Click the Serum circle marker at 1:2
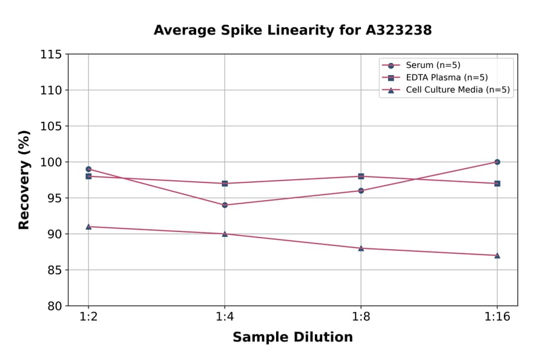(x=88, y=169)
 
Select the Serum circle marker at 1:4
(x=225, y=205)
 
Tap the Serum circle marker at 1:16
(x=497, y=162)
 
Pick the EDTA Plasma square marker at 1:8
(x=361, y=176)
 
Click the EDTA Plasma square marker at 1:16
(x=497, y=183)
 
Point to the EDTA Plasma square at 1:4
(x=225, y=183)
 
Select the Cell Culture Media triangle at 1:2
(x=88, y=226)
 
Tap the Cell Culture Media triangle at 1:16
(x=497, y=255)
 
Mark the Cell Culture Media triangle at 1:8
(x=361, y=248)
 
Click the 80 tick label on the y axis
(x=54, y=306)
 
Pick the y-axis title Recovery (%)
(x=24, y=180)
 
